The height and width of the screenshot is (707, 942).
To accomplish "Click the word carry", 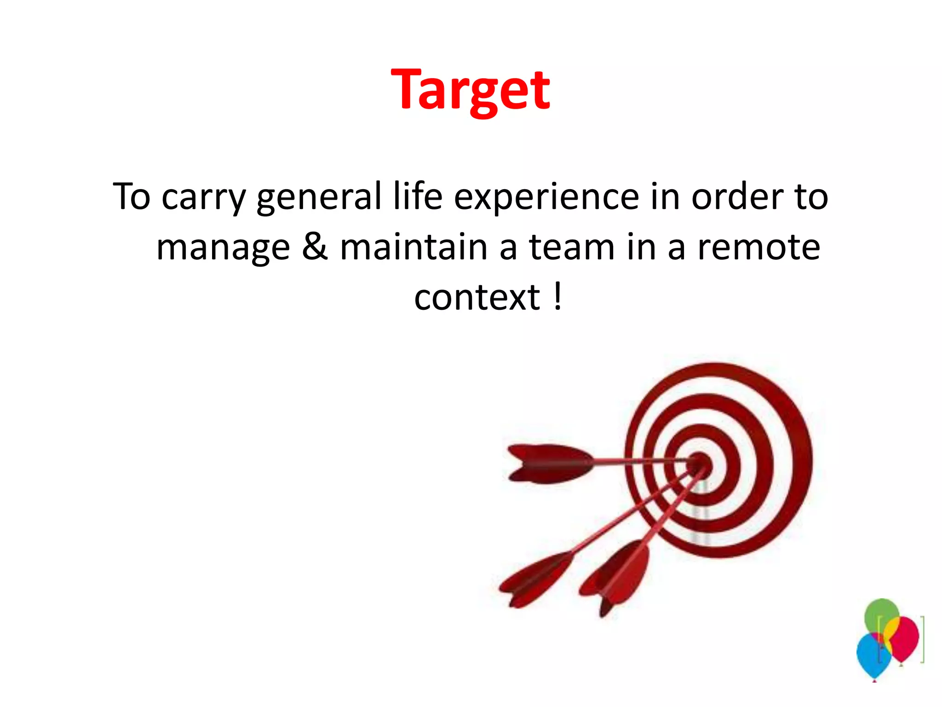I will (204, 197).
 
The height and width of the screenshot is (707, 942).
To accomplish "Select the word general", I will (319, 197).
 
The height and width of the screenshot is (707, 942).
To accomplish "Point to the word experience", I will (546, 197).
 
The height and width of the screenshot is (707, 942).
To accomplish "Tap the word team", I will (572, 247).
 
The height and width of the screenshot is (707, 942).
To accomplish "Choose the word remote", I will (758, 247).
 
